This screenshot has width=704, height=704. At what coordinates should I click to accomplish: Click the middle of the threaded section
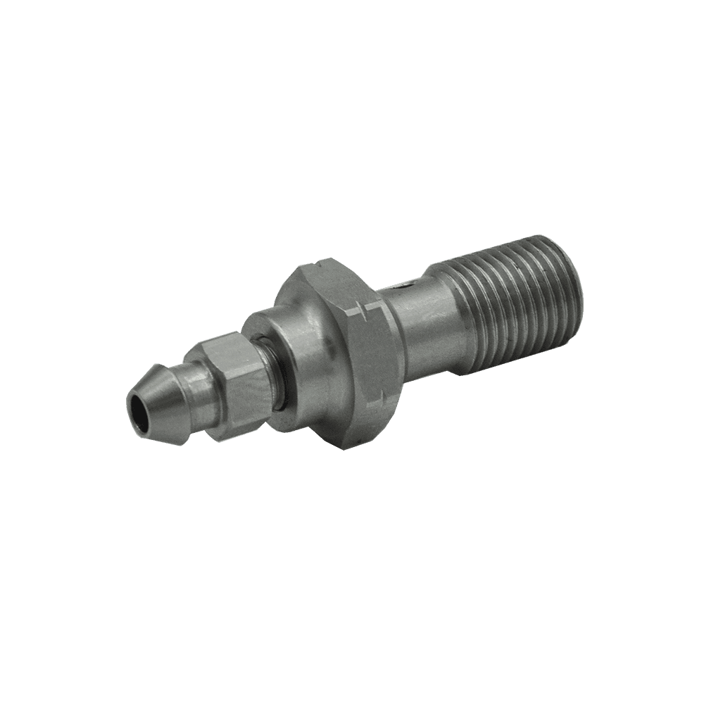click(x=514, y=310)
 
